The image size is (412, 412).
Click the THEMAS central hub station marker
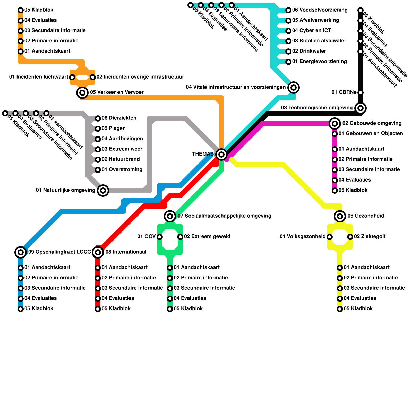(x=221, y=154)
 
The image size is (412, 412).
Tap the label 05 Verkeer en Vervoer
(x=117, y=92)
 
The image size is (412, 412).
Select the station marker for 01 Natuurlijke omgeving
(x=103, y=191)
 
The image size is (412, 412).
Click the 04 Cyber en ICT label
(x=312, y=30)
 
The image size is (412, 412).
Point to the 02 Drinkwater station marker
(x=288, y=51)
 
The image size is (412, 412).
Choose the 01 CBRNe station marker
(x=360, y=93)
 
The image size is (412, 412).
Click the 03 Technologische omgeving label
(x=317, y=108)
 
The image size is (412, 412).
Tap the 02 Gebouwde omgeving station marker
(x=335, y=124)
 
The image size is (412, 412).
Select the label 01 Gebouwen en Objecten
(x=371, y=133)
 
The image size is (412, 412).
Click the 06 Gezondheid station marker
(x=340, y=216)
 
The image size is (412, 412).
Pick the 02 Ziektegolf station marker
(x=350, y=237)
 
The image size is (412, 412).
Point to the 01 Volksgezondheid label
(x=303, y=236)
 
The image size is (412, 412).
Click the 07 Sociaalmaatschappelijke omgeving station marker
(x=170, y=216)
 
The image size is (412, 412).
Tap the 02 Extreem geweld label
(x=207, y=236)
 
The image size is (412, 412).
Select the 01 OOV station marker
(x=160, y=237)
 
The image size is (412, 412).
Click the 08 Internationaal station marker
(x=98, y=252)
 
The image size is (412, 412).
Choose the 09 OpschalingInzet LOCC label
(x=59, y=252)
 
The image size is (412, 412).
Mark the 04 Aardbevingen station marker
(x=98, y=139)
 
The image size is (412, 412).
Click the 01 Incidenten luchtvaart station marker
(x=72, y=77)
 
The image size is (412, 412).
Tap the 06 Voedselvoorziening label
(x=320, y=10)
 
